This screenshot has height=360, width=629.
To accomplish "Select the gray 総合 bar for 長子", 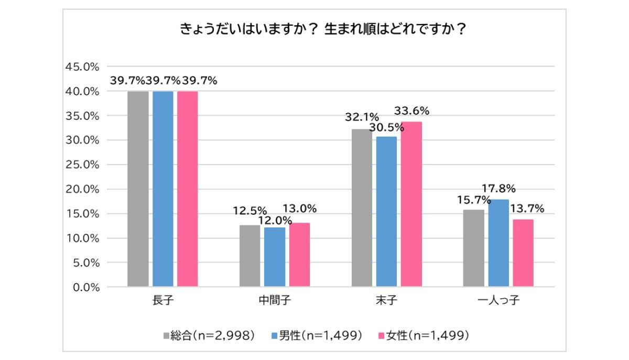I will pos(138,189).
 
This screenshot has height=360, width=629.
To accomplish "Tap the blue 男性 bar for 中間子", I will pos(275,257).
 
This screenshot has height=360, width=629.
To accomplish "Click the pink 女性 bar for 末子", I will pos(411,204).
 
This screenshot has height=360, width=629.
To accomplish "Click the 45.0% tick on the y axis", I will pos(82,67).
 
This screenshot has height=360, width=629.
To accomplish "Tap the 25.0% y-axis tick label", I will pos(82,165).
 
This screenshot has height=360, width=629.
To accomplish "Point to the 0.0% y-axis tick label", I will pos(84,287).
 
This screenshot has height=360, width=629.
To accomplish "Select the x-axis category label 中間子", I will pos(275,301).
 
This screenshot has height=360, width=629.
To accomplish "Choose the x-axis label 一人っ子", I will pos(498,301).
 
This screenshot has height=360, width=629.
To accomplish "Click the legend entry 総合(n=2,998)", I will pos(210,335).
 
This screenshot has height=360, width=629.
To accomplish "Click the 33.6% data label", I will pos(412,111).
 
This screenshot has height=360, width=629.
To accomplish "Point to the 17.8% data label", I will pos(498,188).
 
